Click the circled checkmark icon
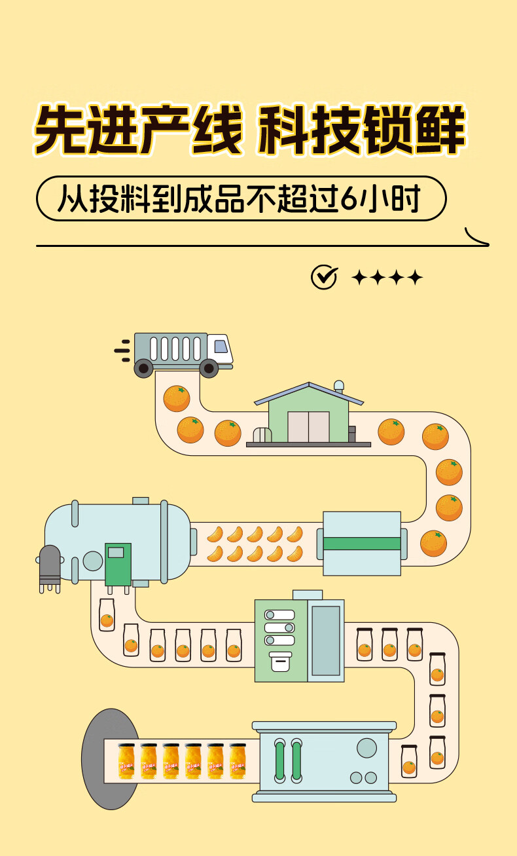(324, 277)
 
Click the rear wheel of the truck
(144, 368)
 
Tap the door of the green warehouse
(308, 426)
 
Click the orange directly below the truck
(177, 398)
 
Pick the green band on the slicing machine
(362, 544)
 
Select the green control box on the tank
(118, 564)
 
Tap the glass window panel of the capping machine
(325, 641)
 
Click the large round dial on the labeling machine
(366, 747)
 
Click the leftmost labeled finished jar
(127, 762)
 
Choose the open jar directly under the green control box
(107, 615)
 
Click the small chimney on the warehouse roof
(338, 386)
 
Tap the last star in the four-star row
(415, 278)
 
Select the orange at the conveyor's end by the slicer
(433, 543)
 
